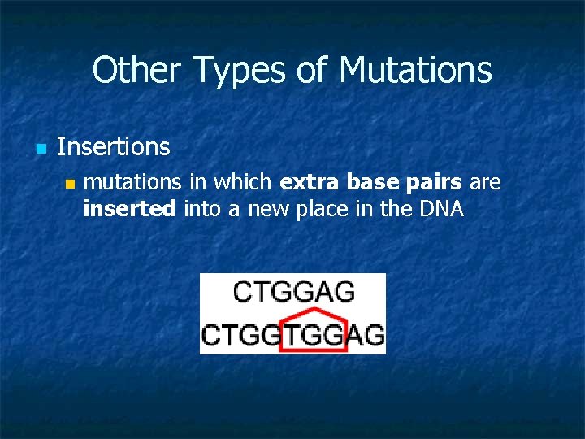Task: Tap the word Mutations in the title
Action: click(415, 70)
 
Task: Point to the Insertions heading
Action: click(114, 147)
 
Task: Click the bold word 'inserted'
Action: click(129, 209)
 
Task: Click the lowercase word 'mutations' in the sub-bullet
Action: click(131, 183)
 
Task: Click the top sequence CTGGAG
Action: click(293, 292)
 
